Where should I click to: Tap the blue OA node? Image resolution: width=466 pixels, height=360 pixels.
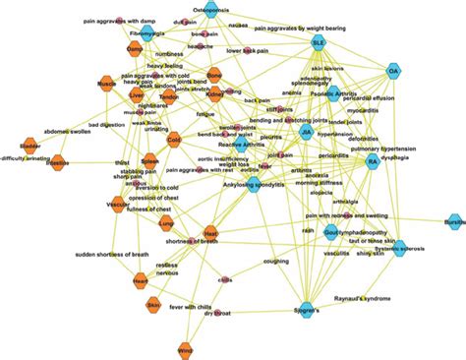[x=392, y=72]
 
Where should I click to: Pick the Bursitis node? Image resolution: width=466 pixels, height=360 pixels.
[x=452, y=223]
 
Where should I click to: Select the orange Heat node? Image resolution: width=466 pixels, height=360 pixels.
[x=209, y=233]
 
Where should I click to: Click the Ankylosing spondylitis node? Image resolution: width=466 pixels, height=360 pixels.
[x=254, y=186]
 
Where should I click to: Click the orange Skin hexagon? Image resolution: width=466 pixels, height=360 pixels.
[x=153, y=307]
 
